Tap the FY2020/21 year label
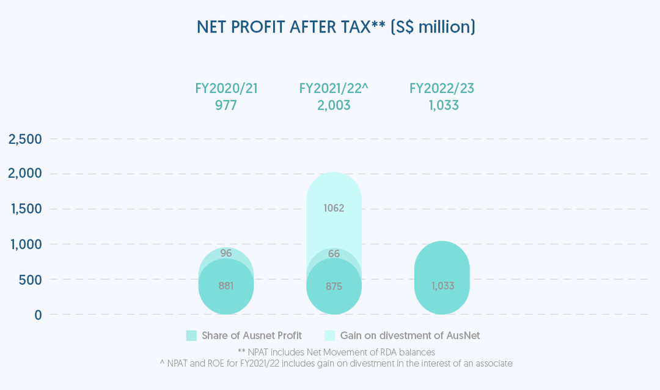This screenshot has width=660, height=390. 226,88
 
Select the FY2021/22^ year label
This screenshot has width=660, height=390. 334,88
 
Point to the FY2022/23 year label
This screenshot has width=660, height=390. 442,88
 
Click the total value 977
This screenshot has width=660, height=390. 226,105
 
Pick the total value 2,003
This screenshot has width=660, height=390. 334,105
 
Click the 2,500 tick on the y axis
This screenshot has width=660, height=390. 25,139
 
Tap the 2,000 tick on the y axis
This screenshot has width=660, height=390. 25,174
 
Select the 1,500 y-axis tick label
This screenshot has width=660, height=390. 25,209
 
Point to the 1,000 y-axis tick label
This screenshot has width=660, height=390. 25,244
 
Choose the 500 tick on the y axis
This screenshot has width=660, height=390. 30,279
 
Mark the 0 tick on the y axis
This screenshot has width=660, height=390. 38,315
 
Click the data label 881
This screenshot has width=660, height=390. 226,285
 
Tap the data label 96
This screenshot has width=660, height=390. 226,253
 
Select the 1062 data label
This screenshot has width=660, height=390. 334,208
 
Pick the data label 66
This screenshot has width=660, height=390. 334,253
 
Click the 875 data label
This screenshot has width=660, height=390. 334,286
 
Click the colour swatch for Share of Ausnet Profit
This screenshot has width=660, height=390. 191,336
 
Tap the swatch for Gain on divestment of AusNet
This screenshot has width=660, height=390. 329,336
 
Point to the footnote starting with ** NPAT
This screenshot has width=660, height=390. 335,352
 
